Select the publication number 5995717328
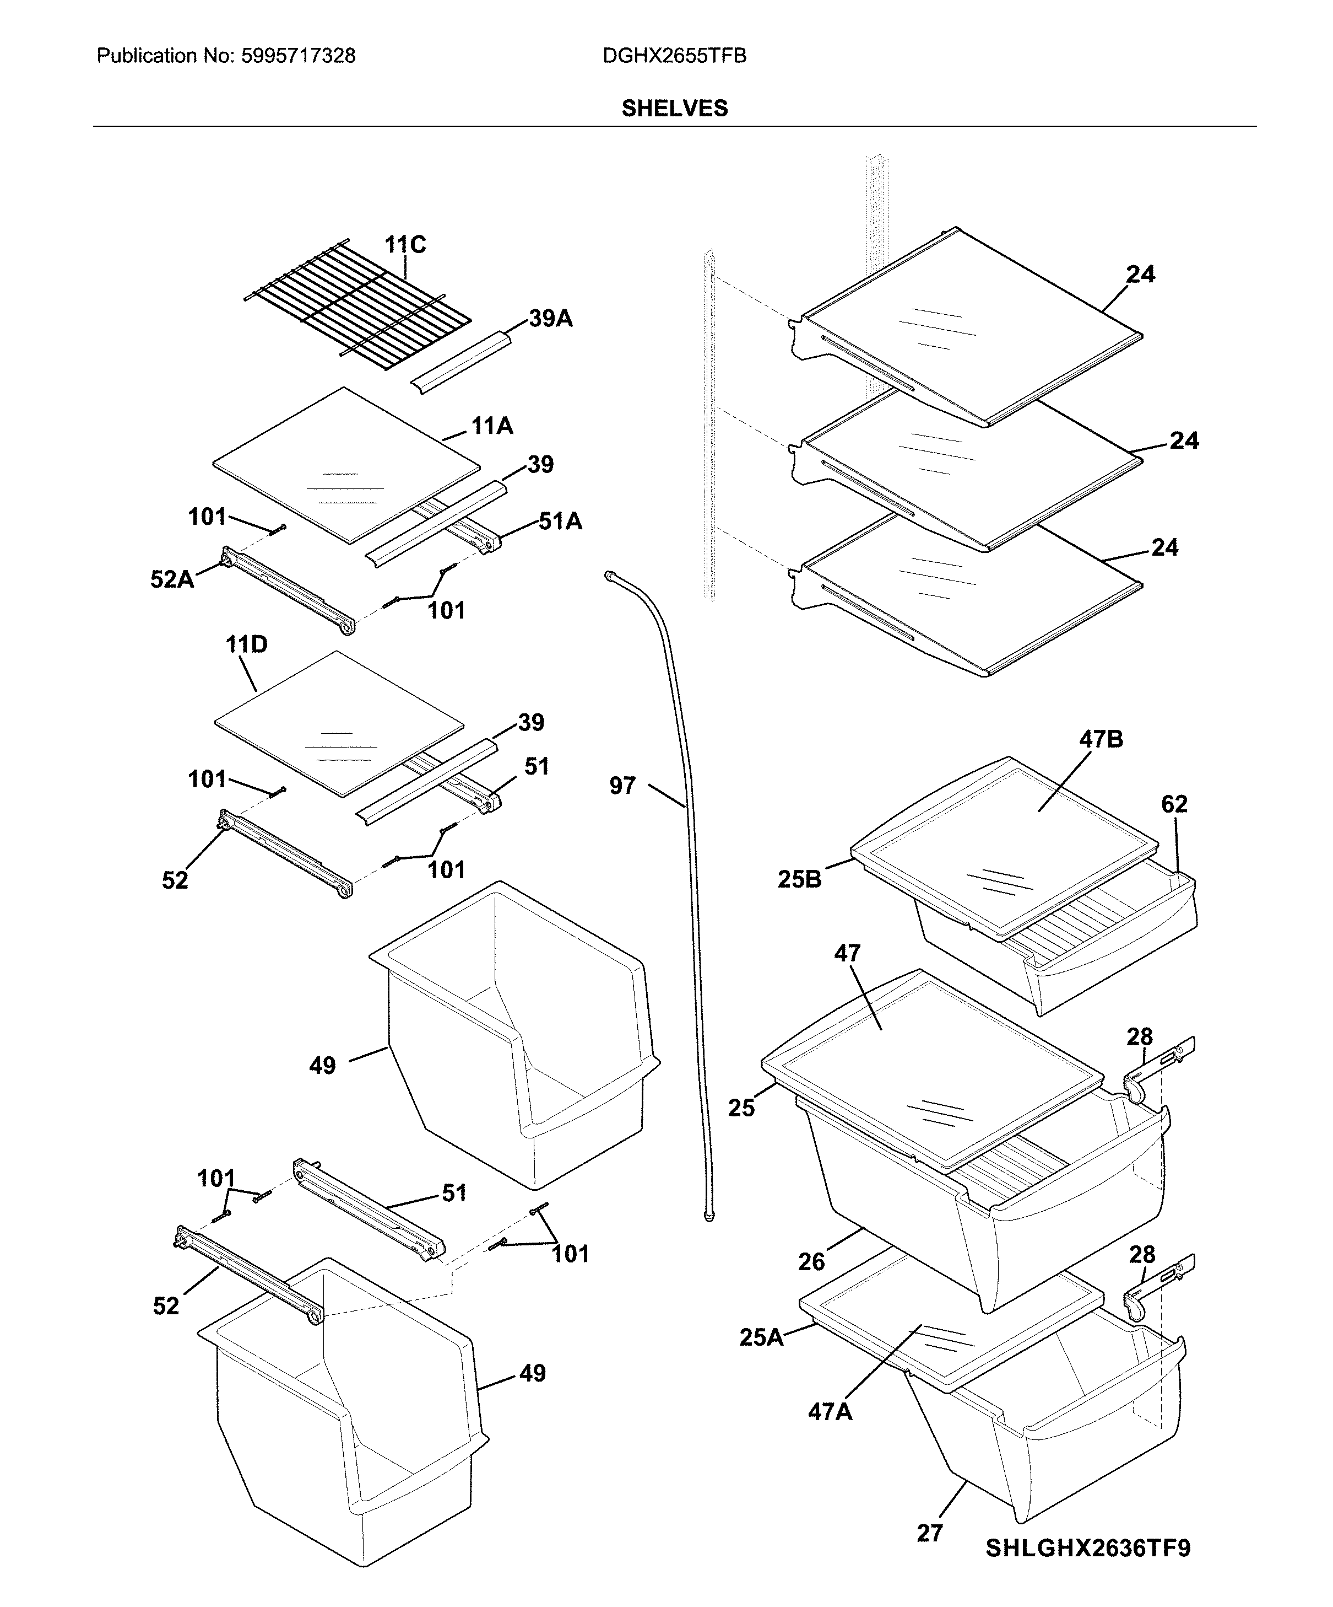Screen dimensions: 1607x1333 coord(297,56)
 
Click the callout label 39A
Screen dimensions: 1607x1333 coord(551,318)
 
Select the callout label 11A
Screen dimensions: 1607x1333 coord(492,426)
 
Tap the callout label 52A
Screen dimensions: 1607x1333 coord(172,579)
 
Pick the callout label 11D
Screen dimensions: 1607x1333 coord(246,644)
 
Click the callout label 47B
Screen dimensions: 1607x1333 coord(1101,739)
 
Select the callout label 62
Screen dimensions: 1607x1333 coord(1174,804)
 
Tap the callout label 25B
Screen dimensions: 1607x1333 coord(799,880)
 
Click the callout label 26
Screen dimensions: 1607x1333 coord(811,1261)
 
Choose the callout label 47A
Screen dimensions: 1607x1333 coord(830,1411)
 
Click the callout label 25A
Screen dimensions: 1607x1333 coord(761,1337)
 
